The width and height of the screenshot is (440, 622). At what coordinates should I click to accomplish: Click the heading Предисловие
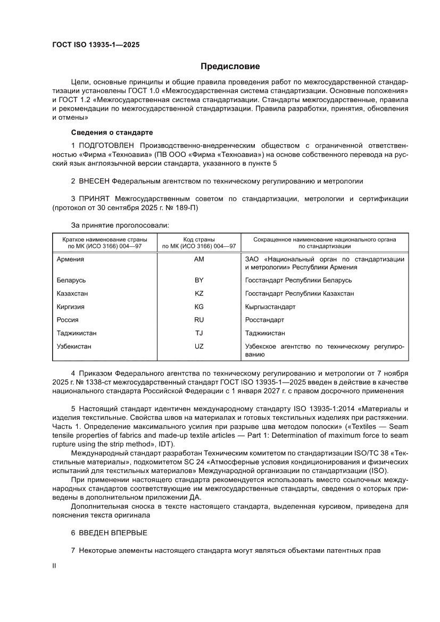[x=230, y=67]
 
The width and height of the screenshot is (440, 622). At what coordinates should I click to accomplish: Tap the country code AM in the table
[x=200, y=259]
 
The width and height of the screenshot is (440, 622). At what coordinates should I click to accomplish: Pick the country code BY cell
[x=200, y=280]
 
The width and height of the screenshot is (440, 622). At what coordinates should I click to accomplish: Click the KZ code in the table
[x=200, y=293]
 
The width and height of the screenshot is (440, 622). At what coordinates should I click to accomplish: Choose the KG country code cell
[x=200, y=306]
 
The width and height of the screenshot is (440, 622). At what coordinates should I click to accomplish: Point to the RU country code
[x=200, y=320]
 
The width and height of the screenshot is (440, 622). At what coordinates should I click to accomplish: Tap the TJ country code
[x=200, y=333]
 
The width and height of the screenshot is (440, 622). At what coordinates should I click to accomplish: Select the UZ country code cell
[x=200, y=346]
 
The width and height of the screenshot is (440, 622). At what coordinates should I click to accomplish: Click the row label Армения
[x=70, y=259]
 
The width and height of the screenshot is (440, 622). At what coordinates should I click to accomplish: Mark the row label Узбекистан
[x=74, y=346]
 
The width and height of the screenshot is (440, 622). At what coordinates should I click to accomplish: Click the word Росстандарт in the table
[x=264, y=320]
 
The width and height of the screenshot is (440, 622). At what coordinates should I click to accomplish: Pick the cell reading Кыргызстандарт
[x=270, y=306]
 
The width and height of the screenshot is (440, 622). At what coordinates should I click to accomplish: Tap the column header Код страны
[x=200, y=239]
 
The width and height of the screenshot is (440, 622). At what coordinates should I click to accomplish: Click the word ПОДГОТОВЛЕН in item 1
[x=108, y=145]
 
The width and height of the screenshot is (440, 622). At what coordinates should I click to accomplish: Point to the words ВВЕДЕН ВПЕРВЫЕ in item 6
[x=113, y=533]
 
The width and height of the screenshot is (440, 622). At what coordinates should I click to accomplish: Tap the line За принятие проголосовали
[x=120, y=225]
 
